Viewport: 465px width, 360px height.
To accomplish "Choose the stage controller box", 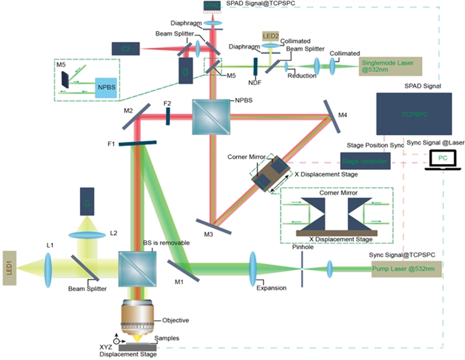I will [x=365, y=160].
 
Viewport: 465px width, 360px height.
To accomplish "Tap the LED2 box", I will [x=272, y=36].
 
